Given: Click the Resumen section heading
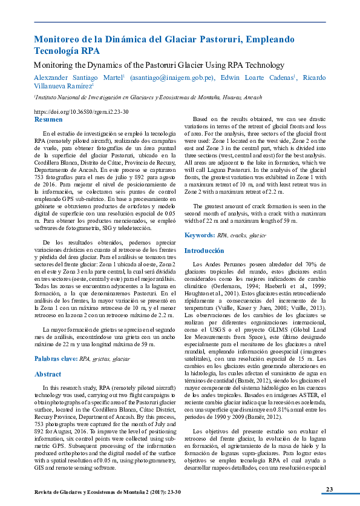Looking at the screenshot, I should coord(48,120).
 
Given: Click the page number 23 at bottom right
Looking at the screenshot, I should coord(329,489).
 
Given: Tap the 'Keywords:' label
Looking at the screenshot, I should coord(200,235).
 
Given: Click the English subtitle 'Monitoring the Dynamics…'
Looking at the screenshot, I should coord(159,64).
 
